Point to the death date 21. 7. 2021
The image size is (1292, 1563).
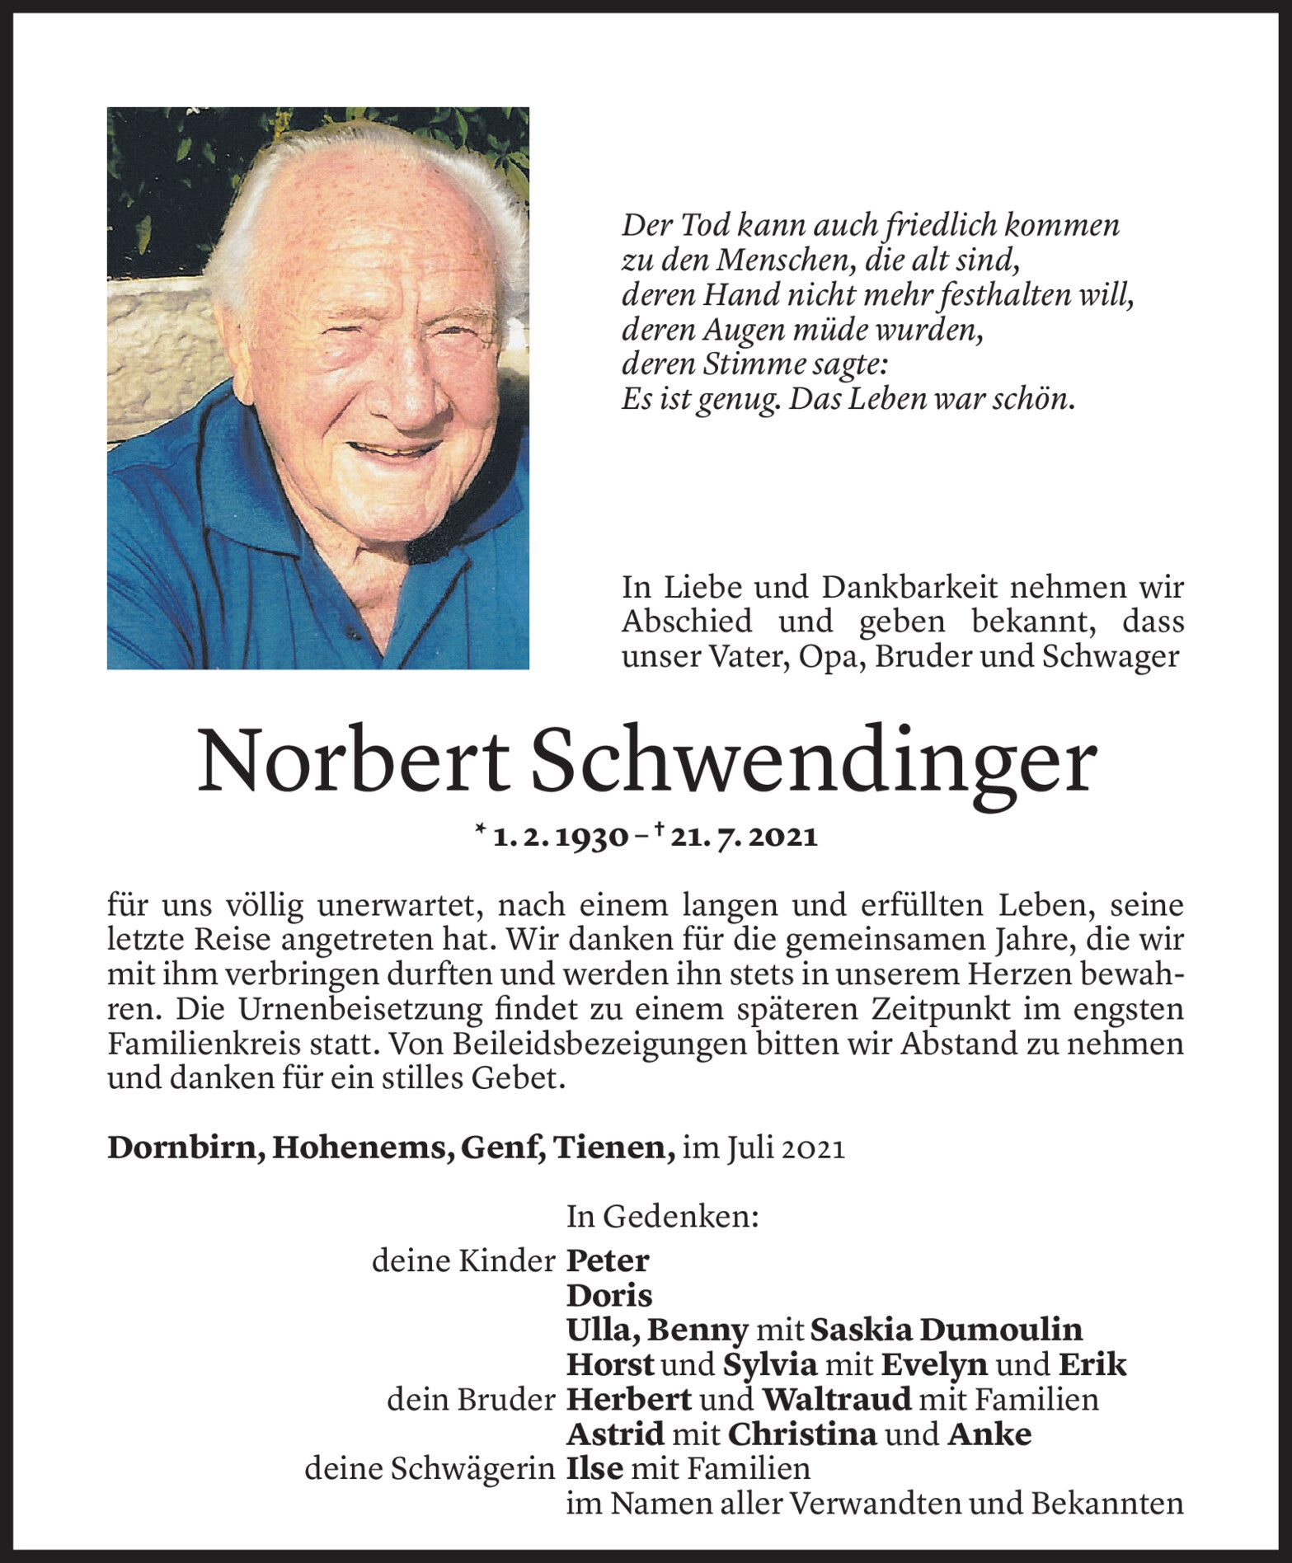click(x=744, y=838)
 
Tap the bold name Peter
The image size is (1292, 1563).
click(x=608, y=1261)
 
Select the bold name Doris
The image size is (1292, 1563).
click(x=609, y=1296)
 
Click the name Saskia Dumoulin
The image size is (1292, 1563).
click(x=947, y=1330)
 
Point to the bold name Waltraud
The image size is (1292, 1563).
click(x=836, y=1400)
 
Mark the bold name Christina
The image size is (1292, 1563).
click(x=802, y=1435)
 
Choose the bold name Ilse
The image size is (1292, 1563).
click(x=594, y=1469)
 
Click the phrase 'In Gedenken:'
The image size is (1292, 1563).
click(x=662, y=1216)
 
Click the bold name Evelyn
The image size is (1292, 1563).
click(x=934, y=1365)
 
